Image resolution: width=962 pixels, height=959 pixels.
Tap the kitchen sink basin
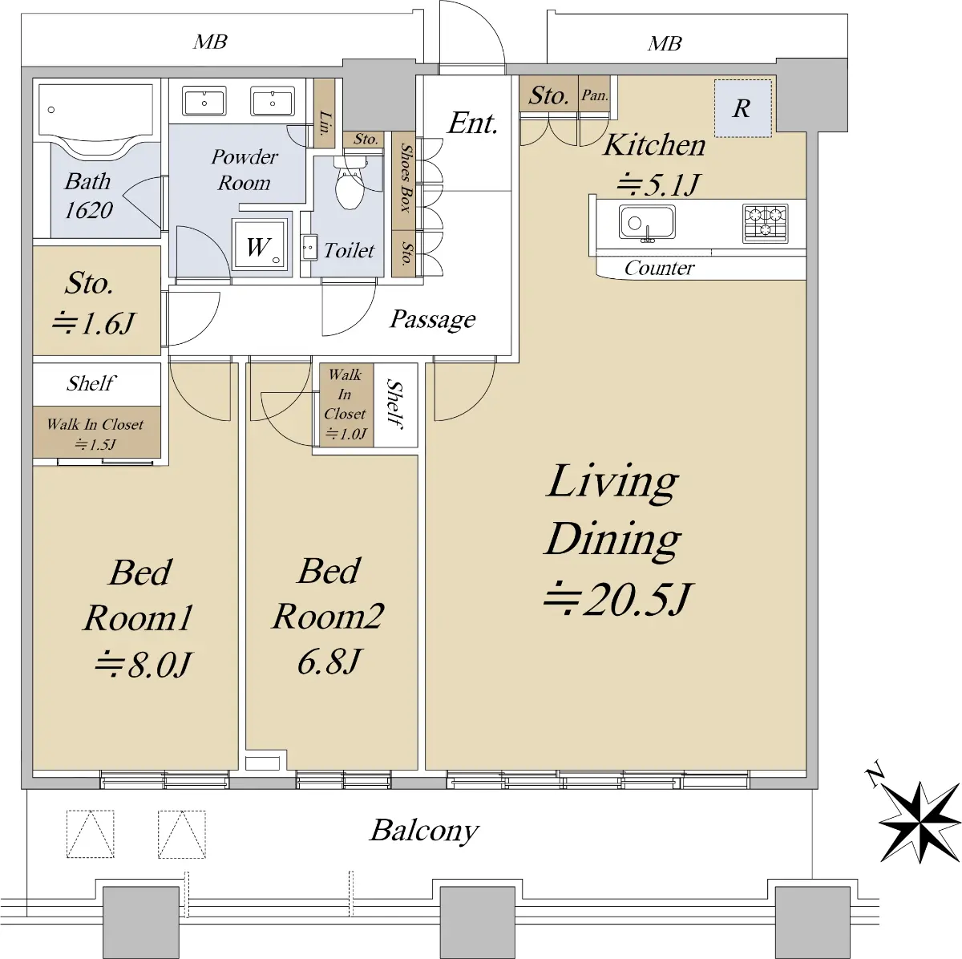click(x=647, y=222)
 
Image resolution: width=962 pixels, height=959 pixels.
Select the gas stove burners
click(x=765, y=223)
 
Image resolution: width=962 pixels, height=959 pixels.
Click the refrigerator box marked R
click(x=743, y=108)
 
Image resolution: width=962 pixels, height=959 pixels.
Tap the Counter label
click(x=659, y=269)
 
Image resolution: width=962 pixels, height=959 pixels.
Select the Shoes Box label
click(x=406, y=178)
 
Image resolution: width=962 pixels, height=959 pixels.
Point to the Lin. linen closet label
click(x=325, y=123)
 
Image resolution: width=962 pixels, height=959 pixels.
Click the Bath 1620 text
click(x=88, y=196)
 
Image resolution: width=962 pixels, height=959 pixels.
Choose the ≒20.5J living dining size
click(x=617, y=599)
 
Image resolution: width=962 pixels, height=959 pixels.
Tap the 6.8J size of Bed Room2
click(x=328, y=662)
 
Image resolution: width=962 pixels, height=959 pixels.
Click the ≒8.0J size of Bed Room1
click(x=142, y=665)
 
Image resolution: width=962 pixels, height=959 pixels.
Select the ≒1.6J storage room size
click(x=93, y=323)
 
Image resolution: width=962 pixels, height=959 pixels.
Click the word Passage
click(x=432, y=319)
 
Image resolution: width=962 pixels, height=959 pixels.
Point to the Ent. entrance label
click(x=472, y=123)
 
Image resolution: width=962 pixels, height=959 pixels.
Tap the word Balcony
click(x=424, y=831)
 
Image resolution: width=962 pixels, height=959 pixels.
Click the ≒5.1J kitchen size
click(x=657, y=185)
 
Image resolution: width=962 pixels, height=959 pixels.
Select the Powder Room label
click(x=245, y=170)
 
